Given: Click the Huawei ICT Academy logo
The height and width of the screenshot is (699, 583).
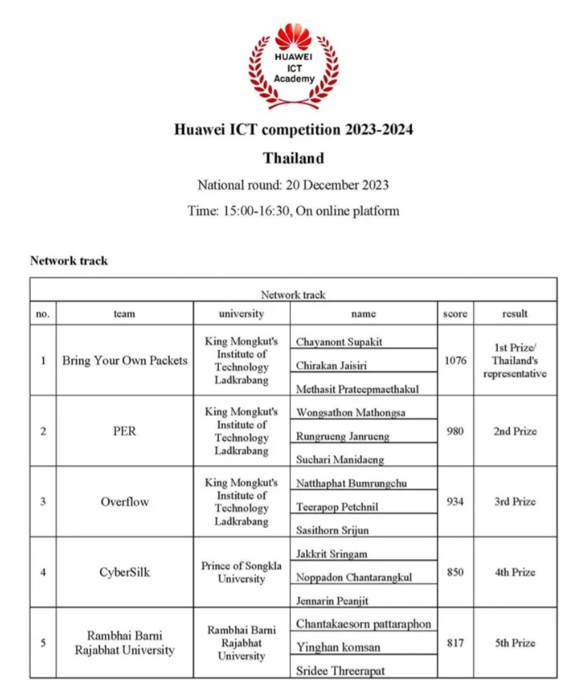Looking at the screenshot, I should tap(293, 65).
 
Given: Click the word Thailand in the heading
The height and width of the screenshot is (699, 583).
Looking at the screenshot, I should tap(293, 158).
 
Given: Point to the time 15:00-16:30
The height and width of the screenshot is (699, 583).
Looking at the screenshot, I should tap(256, 211).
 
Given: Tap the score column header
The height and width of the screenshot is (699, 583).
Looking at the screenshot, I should tap(455, 313).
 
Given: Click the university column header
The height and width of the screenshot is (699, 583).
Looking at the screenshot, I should tap(241, 313).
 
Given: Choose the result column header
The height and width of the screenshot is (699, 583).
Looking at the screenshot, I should tap(515, 313).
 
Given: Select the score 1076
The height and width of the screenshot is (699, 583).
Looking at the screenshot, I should tap(455, 360).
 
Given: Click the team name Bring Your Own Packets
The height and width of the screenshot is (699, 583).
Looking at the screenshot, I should tap(124, 360).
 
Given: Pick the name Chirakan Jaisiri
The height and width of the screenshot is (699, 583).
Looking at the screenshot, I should tap(331, 366).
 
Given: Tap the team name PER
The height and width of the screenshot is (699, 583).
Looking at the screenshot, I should tap(124, 431).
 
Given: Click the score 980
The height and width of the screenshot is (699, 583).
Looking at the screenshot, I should tap(455, 431).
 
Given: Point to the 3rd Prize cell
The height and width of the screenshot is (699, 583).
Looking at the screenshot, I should tap(515, 501).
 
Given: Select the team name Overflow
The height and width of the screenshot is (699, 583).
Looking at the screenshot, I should tap(124, 501).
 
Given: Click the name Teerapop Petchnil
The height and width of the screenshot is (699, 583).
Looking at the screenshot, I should tap(337, 507).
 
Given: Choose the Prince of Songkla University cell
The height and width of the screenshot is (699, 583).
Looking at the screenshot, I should tap(241, 572).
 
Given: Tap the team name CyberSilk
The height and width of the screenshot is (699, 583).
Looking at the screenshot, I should tap(124, 572).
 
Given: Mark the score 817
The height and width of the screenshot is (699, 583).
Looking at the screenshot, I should tap(455, 642).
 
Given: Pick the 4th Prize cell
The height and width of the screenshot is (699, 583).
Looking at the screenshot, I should tap(515, 572).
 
